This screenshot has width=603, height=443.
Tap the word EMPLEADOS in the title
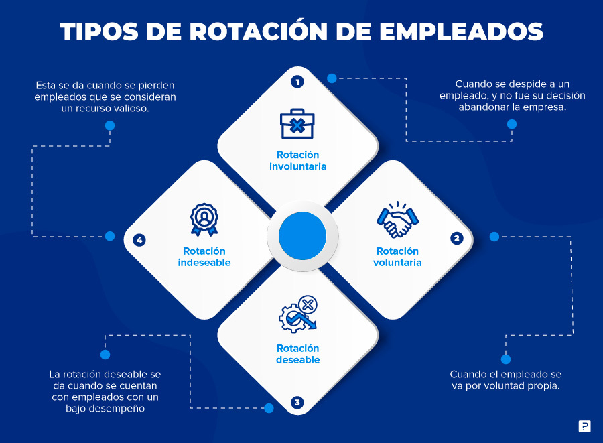pos(461,31)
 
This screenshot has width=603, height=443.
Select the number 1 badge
pos(297,82)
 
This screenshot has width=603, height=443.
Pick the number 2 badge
pos(456,238)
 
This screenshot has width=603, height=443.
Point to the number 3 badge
pos(297,403)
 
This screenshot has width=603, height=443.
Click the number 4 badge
pos(139,241)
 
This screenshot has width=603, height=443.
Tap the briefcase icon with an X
pos(297,123)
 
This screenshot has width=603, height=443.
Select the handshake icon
pos(397,219)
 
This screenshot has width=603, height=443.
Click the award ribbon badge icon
pos(204,220)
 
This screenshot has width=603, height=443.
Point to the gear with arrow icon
pos(298,314)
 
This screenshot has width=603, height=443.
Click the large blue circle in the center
pos(302,236)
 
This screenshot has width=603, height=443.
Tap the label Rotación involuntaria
pos(298,160)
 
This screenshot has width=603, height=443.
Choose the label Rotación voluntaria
pos(397,257)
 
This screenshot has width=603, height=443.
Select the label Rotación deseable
pos(298,354)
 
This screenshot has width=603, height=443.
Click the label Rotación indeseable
pos(204,257)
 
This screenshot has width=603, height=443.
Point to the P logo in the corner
pos(584,426)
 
